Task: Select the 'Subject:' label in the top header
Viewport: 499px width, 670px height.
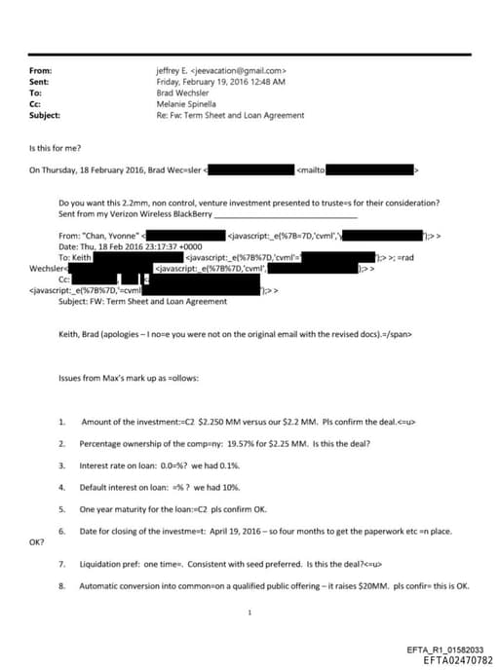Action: tap(45, 115)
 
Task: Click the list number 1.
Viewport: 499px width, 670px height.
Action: tap(61, 421)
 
